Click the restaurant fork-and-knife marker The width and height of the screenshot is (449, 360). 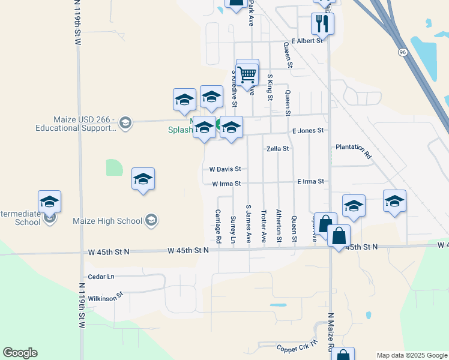(322, 24)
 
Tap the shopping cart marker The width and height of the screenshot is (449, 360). (247, 74)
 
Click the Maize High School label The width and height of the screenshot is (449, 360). (116, 221)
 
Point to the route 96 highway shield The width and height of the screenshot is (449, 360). (402, 52)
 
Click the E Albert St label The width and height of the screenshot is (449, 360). (307, 41)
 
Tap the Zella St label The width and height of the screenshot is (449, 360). (278, 148)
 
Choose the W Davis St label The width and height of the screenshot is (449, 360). (224, 169)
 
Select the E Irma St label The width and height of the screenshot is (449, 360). (310, 181)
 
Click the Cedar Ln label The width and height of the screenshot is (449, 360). (101, 277)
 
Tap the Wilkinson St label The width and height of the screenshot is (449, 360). (105, 295)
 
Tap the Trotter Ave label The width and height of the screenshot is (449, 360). (264, 226)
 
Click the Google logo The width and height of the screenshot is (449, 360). (20, 353)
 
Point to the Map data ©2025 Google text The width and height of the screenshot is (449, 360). (411, 355)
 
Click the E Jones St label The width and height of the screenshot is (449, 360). (307, 130)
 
